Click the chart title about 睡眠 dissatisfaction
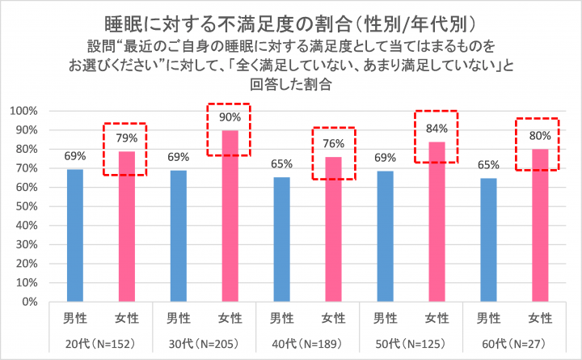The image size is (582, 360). click(291, 19)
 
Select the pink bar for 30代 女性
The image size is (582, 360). click(230, 216)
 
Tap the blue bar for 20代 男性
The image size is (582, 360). click(74, 235)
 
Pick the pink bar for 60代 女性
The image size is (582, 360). click(540, 225)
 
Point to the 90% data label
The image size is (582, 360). click(230, 116)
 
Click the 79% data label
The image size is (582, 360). click(127, 138)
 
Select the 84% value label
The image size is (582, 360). click(436, 128)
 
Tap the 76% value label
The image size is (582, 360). click(333, 143)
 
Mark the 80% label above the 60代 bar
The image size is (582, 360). click(540, 135)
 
